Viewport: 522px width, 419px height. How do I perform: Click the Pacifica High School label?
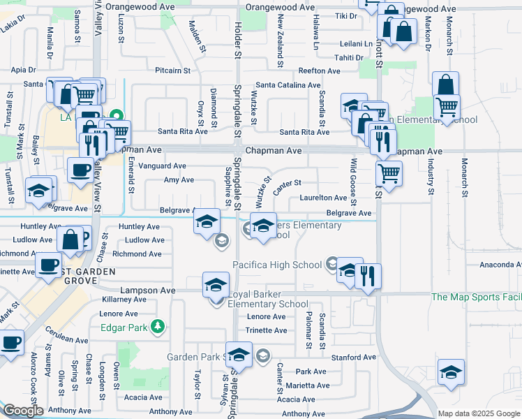[277, 265]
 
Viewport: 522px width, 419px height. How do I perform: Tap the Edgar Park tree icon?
[158, 326]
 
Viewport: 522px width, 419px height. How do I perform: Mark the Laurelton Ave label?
[323, 198]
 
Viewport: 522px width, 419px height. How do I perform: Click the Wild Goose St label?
[353, 183]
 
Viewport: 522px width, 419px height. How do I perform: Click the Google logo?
[22, 411]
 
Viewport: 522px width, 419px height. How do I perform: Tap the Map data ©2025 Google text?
[479, 413]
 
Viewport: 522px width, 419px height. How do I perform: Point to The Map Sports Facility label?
[476, 297]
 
